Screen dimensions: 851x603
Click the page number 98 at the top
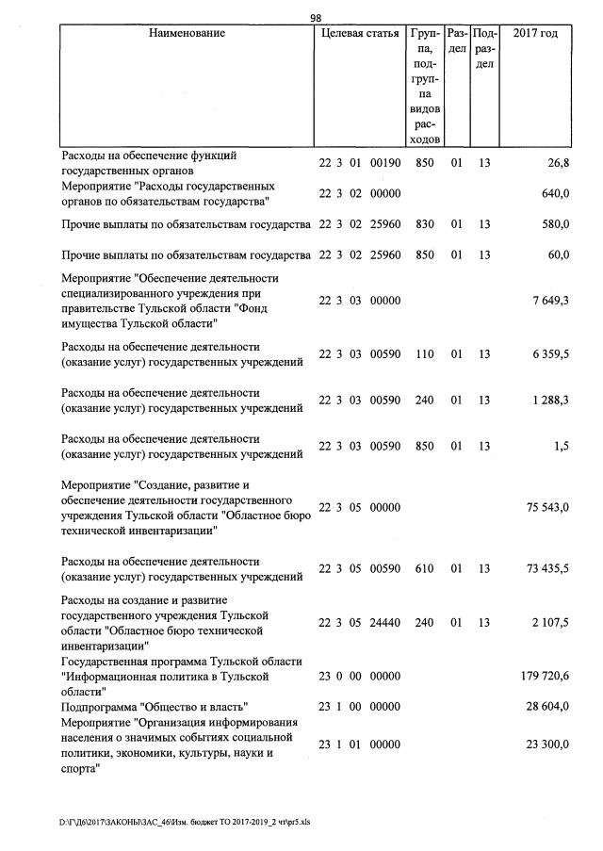(316, 17)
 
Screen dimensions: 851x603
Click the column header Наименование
(187, 34)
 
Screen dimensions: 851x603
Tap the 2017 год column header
(534, 34)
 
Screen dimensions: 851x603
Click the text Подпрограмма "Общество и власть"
(155, 706)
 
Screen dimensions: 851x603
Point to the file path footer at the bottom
(184, 821)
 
